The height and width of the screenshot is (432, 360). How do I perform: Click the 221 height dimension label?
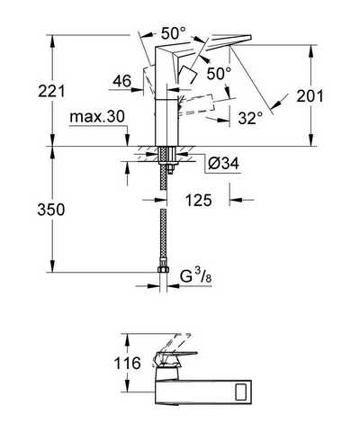pos(51,91)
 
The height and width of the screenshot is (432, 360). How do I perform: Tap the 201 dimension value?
pos(310,96)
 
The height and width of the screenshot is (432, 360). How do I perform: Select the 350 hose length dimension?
pos(51,209)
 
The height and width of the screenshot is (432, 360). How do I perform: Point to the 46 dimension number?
pos(122,81)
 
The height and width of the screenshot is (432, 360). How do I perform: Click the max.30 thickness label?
pos(97,116)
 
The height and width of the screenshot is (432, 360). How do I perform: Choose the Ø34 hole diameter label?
pos(223,164)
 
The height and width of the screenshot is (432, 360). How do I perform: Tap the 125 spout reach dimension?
pos(199,200)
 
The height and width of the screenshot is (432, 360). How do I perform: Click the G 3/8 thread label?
pos(196,276)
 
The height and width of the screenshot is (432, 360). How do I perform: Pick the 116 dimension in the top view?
pos(127,363)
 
